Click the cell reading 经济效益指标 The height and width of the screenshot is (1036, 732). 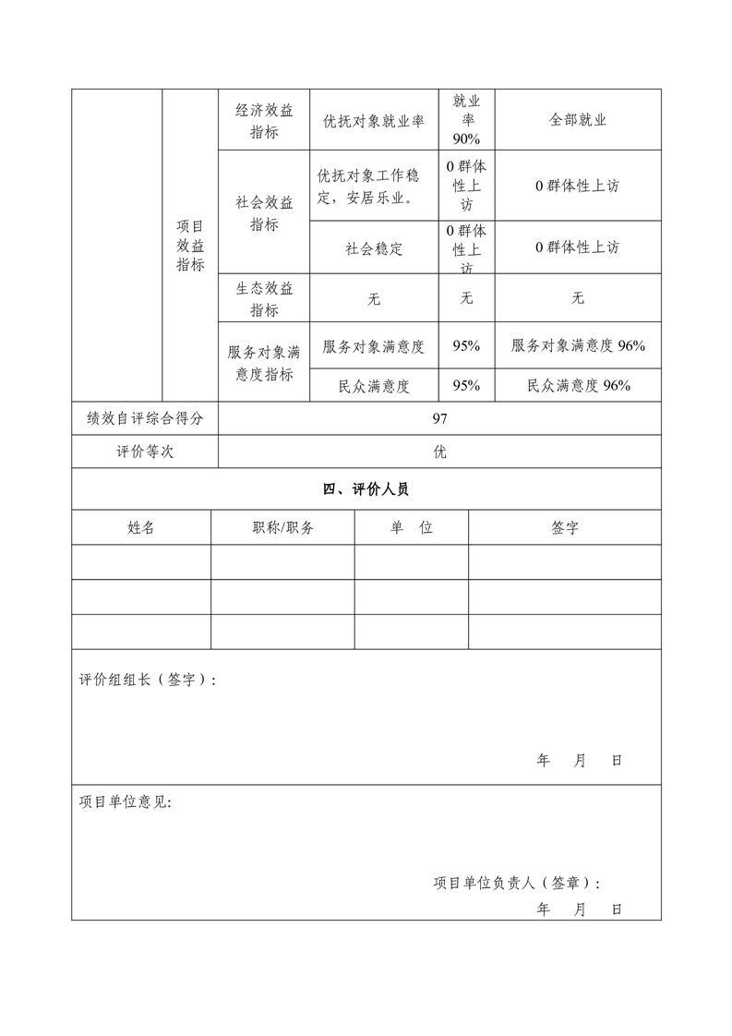click(x=263, y=120)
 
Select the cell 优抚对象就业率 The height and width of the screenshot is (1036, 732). click(x=374, y=120)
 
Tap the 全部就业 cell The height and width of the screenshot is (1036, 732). click(x=578, y=120)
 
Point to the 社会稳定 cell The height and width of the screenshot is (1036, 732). click(x=374, y=247)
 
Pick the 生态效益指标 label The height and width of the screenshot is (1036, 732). click(x=263, y=298)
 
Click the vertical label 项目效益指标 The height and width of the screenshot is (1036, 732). click(x=190, y=245)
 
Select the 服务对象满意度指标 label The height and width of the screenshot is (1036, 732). click(x=263, y=363)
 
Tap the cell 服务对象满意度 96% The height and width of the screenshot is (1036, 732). click(x=578, y=345)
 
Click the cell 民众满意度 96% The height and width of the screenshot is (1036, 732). click(x=578, y=386)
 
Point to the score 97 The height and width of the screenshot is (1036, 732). click(x=439, y=418)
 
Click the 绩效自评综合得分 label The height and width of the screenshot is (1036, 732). click(x=145, y=418)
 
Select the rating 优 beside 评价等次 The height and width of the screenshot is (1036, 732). click(x=439, y=452)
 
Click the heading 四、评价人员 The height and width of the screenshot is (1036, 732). click(x=366, y=489)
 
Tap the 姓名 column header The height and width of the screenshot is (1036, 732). click(x=141, y=527)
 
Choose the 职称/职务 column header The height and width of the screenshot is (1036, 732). click(x=282, y=527)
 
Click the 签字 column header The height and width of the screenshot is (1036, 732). click(x=565, y=527)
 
